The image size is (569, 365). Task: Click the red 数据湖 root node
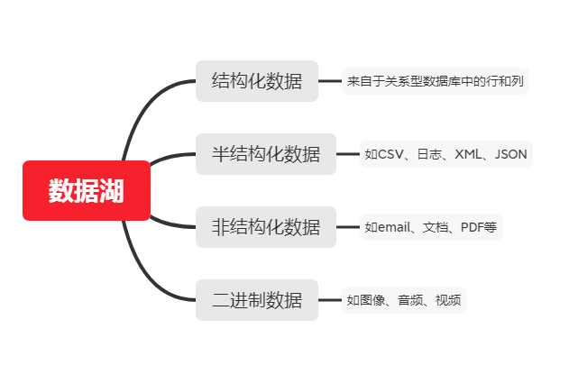click(x=87, y=190)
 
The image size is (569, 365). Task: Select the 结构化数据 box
click(x=257, y=81)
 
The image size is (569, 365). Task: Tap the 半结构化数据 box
click(x=266, y=154)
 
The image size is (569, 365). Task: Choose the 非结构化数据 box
click(x=266, y=227)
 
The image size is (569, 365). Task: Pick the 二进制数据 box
click(x=257, y=300)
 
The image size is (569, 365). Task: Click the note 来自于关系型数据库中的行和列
click(x=436, y=81)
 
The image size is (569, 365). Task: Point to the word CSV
click(x=390, y=154)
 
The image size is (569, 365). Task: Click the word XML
click(x=468, y=154)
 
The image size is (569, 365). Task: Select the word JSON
click(x=511, y=154)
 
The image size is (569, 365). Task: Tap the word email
click(x=394, y=227)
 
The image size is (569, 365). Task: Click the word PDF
click(x=472, y=227)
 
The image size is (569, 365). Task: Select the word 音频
click(x=410, y=300)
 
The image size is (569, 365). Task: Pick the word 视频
click(x=448, y=300)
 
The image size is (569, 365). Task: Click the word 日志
click(x=429, y=154)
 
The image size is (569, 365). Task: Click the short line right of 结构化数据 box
click(x=330, y=81)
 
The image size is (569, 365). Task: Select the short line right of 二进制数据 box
click(x=330, y=300)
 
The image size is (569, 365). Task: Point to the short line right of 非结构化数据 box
click(x=348, y=227)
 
